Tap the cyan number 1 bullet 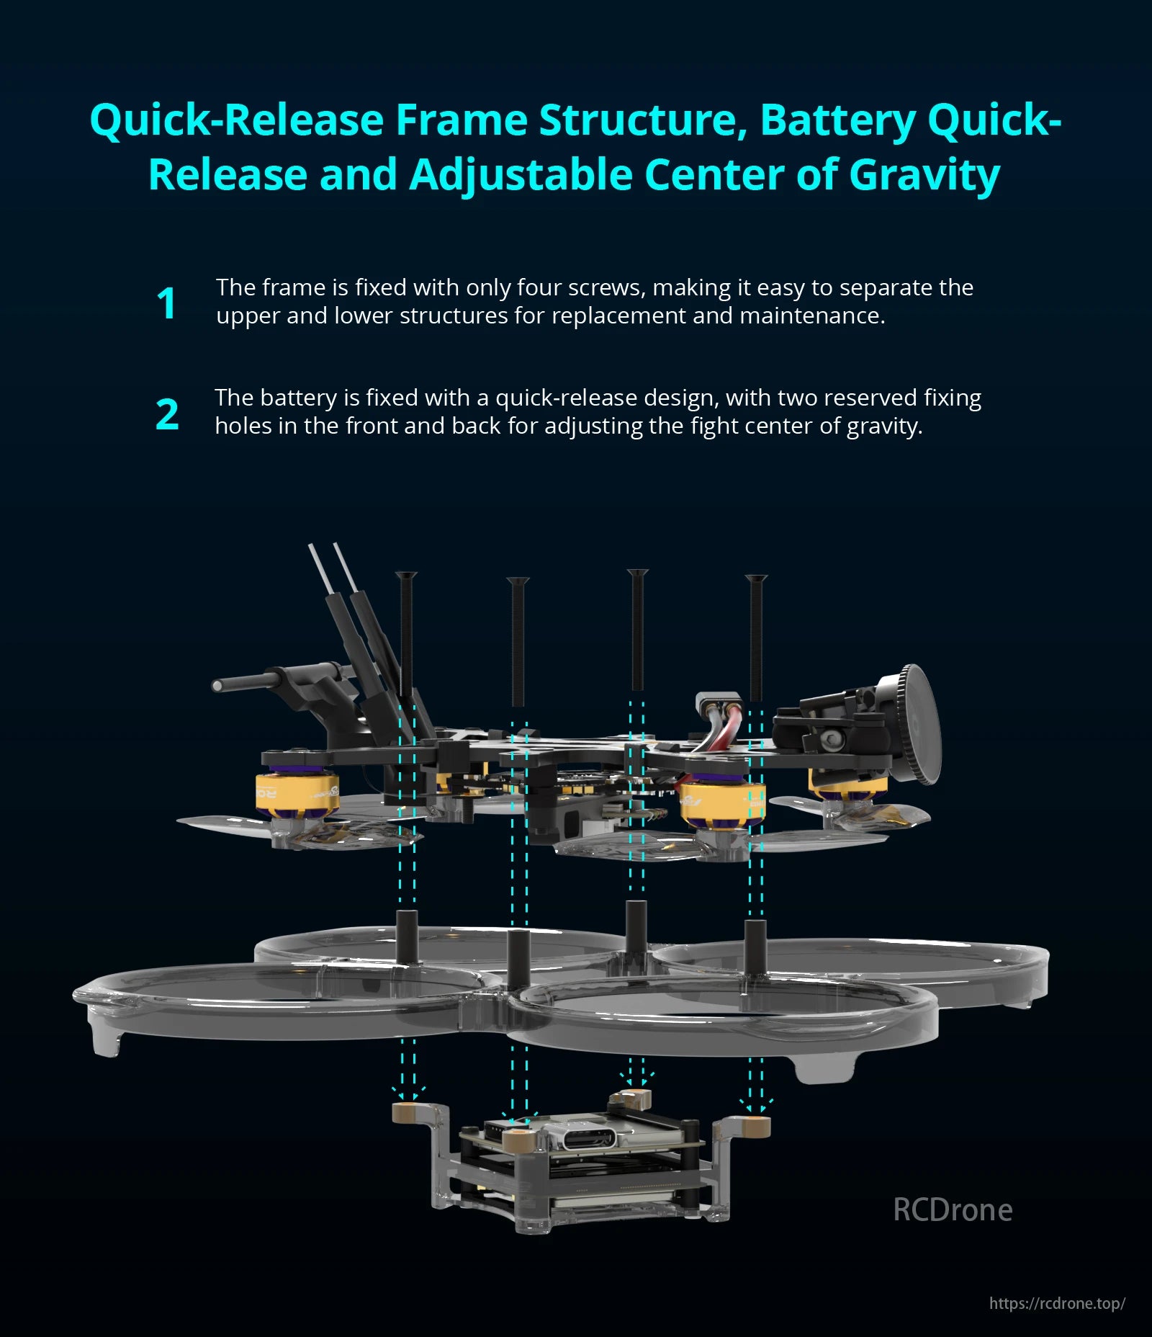[x=166, y=303]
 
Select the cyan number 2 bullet [x=167, y=415]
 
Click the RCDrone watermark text [x=952, y=1209]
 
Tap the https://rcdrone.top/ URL [x=1056, y=1303]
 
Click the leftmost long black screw [x=406, y=634]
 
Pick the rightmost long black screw [x=756, y=638]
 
